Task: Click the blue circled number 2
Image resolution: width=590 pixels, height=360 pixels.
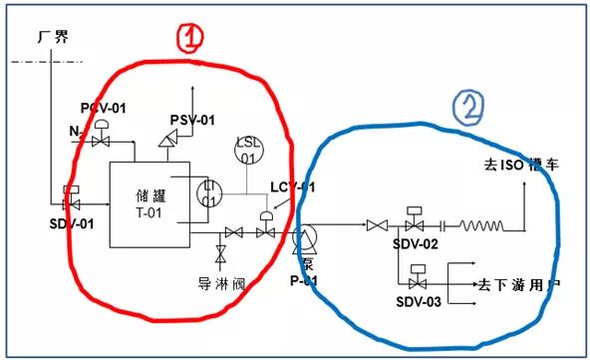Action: coord(468,106)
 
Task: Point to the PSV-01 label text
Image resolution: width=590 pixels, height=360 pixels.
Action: coord(191,121)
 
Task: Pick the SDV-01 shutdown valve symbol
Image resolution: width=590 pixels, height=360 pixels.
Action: coord(72,196)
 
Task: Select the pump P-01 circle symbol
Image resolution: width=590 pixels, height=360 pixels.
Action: coord(305,235)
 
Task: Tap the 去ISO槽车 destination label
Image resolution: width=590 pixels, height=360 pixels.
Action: coord(521,164)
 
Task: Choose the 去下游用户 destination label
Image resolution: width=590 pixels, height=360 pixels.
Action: coord(518,285)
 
